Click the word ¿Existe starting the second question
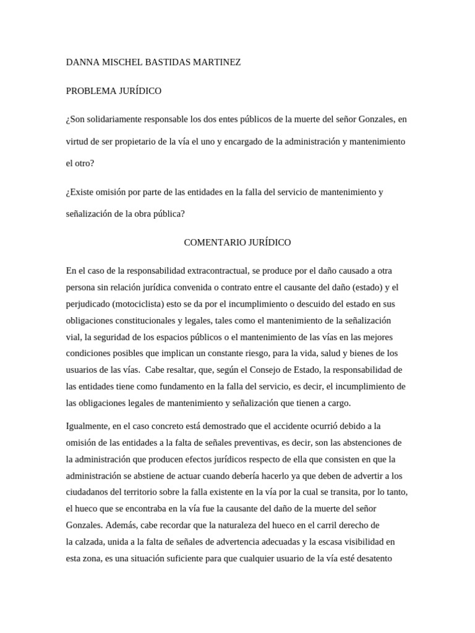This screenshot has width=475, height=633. [x=81, y=192]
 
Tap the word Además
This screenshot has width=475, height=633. [x=122, y=525]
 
